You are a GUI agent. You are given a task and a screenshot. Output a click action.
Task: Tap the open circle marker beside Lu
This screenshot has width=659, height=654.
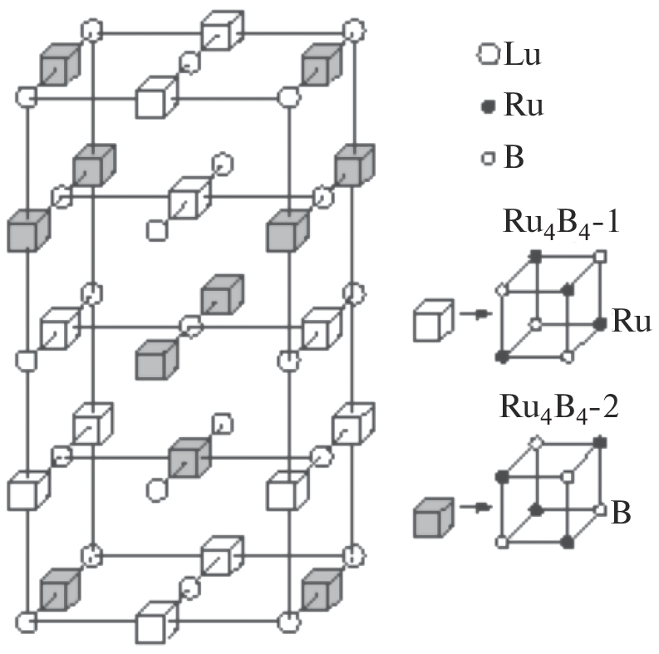pos(487,57)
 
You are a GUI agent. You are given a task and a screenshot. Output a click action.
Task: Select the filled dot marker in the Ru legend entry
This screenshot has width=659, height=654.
pos(489,107)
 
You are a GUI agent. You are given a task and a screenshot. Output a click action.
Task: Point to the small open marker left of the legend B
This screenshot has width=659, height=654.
pos(489,157)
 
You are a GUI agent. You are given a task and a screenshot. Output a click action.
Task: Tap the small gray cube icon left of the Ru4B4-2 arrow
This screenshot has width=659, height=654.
pos(433,516)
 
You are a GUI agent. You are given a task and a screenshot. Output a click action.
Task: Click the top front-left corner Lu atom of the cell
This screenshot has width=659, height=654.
pos(27,97)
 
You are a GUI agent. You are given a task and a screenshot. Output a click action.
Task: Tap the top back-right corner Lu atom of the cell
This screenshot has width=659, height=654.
pos(353,32)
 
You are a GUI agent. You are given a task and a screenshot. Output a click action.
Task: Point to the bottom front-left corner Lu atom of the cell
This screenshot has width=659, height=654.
pos(27,620)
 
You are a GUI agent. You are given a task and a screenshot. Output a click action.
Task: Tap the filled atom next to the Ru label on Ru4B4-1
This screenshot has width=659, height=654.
pos(600,322)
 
